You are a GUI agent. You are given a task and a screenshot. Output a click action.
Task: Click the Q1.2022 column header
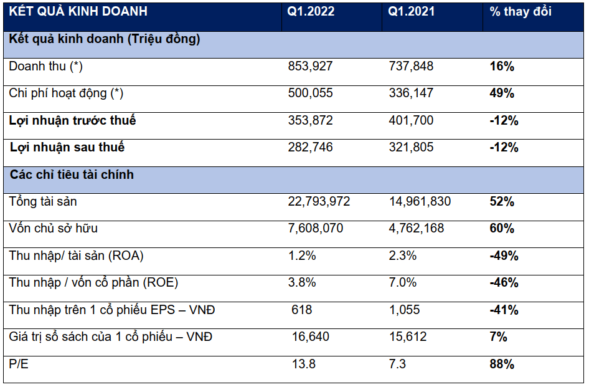[311, 12]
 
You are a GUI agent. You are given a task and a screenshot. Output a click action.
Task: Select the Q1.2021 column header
[411, 12]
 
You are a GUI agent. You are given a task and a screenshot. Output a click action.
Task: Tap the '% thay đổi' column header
[521, 12]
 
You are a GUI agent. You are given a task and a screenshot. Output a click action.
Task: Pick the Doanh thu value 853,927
[311, 66]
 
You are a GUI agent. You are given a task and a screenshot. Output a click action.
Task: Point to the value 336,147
[411, 93]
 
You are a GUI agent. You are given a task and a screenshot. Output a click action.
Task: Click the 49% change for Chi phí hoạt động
[502, 93]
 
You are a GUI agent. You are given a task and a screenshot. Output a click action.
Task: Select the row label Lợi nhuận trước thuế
[72, 120]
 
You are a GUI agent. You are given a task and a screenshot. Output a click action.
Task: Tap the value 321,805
[411, 148]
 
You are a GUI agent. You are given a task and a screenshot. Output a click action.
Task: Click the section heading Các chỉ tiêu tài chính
[72, 174]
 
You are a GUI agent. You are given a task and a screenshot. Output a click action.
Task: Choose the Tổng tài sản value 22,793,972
[319, 201]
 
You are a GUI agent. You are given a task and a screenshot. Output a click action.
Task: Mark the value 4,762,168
[416, 229]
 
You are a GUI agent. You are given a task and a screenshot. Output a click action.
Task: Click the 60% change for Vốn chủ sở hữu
[502, 229]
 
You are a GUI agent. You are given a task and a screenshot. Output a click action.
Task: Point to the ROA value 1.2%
[302, 256]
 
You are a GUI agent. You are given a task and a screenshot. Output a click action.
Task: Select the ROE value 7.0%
[402, 283]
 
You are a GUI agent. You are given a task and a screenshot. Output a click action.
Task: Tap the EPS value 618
[302, 310]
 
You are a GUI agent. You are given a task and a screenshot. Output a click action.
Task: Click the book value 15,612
[407, 337]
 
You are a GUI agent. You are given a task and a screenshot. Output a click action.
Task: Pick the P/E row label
[19, 364]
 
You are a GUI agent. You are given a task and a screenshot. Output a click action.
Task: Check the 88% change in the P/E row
[502, 364]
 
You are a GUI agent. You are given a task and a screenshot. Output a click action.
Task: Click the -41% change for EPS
[504, 310]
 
